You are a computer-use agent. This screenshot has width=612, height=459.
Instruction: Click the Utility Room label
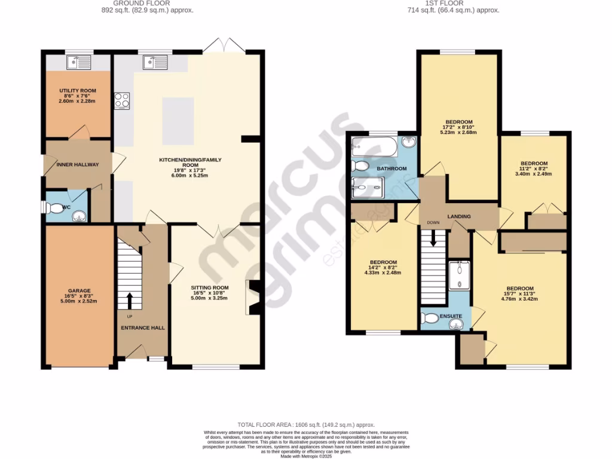(x=77, y=91)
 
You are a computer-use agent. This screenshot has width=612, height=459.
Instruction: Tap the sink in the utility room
(x=79, y=62)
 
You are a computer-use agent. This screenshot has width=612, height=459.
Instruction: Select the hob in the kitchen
(x=123, y=100)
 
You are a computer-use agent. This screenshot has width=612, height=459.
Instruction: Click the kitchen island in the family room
(x=178, y=121)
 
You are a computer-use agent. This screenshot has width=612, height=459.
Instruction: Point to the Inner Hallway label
(x=78, y=164)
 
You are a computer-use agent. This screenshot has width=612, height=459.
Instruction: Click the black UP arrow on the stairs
(x=129, y=299)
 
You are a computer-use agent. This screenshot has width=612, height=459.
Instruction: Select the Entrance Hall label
(x=143, y=328)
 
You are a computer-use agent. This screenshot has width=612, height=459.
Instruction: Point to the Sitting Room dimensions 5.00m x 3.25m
(x=214, y=297)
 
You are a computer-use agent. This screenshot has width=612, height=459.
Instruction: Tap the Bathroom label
(x=391, y=169)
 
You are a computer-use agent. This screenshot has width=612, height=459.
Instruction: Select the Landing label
(x=459, y=216)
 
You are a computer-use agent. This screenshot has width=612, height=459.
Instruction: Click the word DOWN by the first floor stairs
(x=433, y=223)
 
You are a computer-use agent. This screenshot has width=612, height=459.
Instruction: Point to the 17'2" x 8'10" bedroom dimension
(x=459, y=128)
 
